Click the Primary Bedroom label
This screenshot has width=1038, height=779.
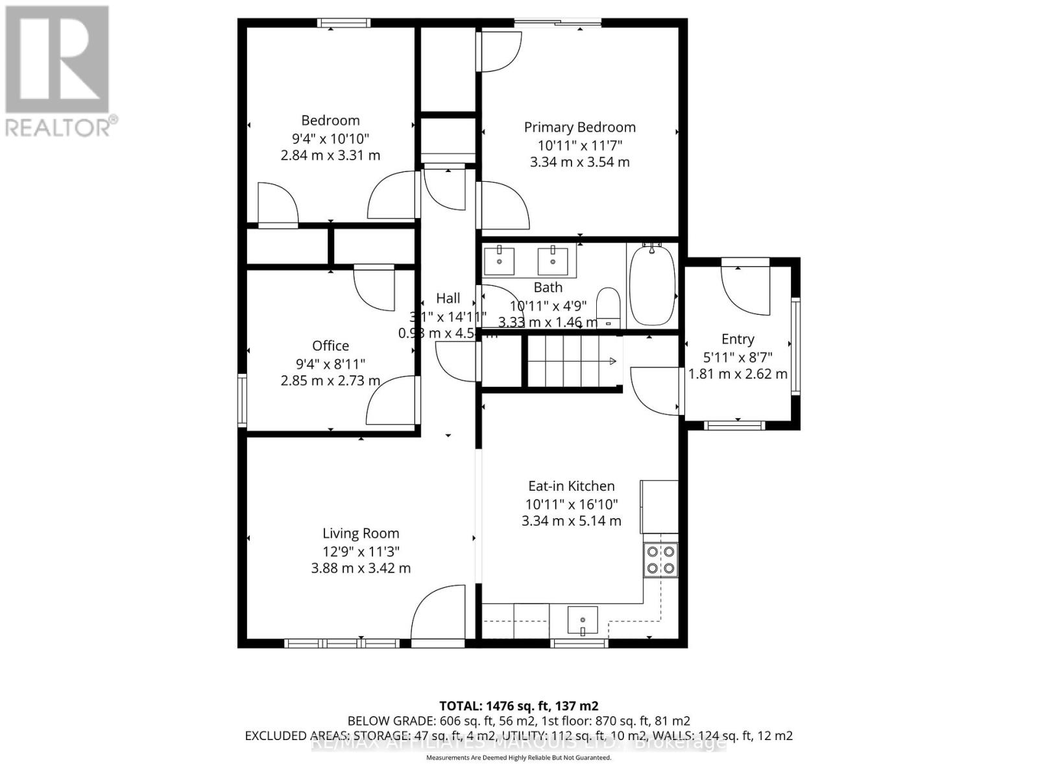(x=579, y=127)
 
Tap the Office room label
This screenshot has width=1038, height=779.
(x=330, y=346)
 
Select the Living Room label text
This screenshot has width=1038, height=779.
(x=361, y=534)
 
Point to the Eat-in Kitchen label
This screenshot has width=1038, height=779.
(x=571, y=486)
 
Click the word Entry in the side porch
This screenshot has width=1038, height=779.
(x=738, y=339)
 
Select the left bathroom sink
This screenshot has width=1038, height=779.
(x=500, y=261)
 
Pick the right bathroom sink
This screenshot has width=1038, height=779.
(x=553, y=261)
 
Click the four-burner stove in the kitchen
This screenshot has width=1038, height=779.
(x=660, y=560)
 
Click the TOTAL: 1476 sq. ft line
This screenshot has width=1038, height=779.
(x=518, y=706)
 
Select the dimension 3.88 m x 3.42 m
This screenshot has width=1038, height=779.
(x=361, y=568)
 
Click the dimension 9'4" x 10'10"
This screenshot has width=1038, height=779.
(x=330, y=138)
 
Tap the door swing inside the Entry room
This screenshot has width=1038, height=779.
(x=746, y=289)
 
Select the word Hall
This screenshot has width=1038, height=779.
(x=448, y=298)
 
